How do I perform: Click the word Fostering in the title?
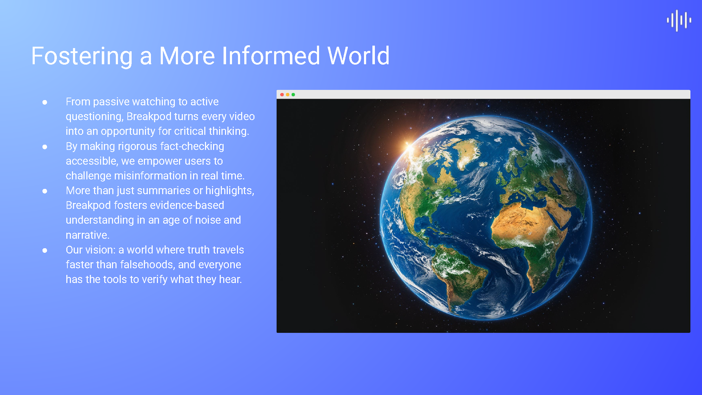pos(82,56)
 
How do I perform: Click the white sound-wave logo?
pos(679,21)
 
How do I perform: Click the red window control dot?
pos(282,94)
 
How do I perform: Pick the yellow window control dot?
pos(287,94)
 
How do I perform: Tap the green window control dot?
pos(293,94)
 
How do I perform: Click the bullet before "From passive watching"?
pos(45,102)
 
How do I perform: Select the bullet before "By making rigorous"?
pos(45,147)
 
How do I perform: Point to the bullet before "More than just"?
pos(45,191)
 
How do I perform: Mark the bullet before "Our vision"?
pos(45,250)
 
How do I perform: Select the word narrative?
pos(87,235)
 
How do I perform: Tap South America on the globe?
pos(456,277)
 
